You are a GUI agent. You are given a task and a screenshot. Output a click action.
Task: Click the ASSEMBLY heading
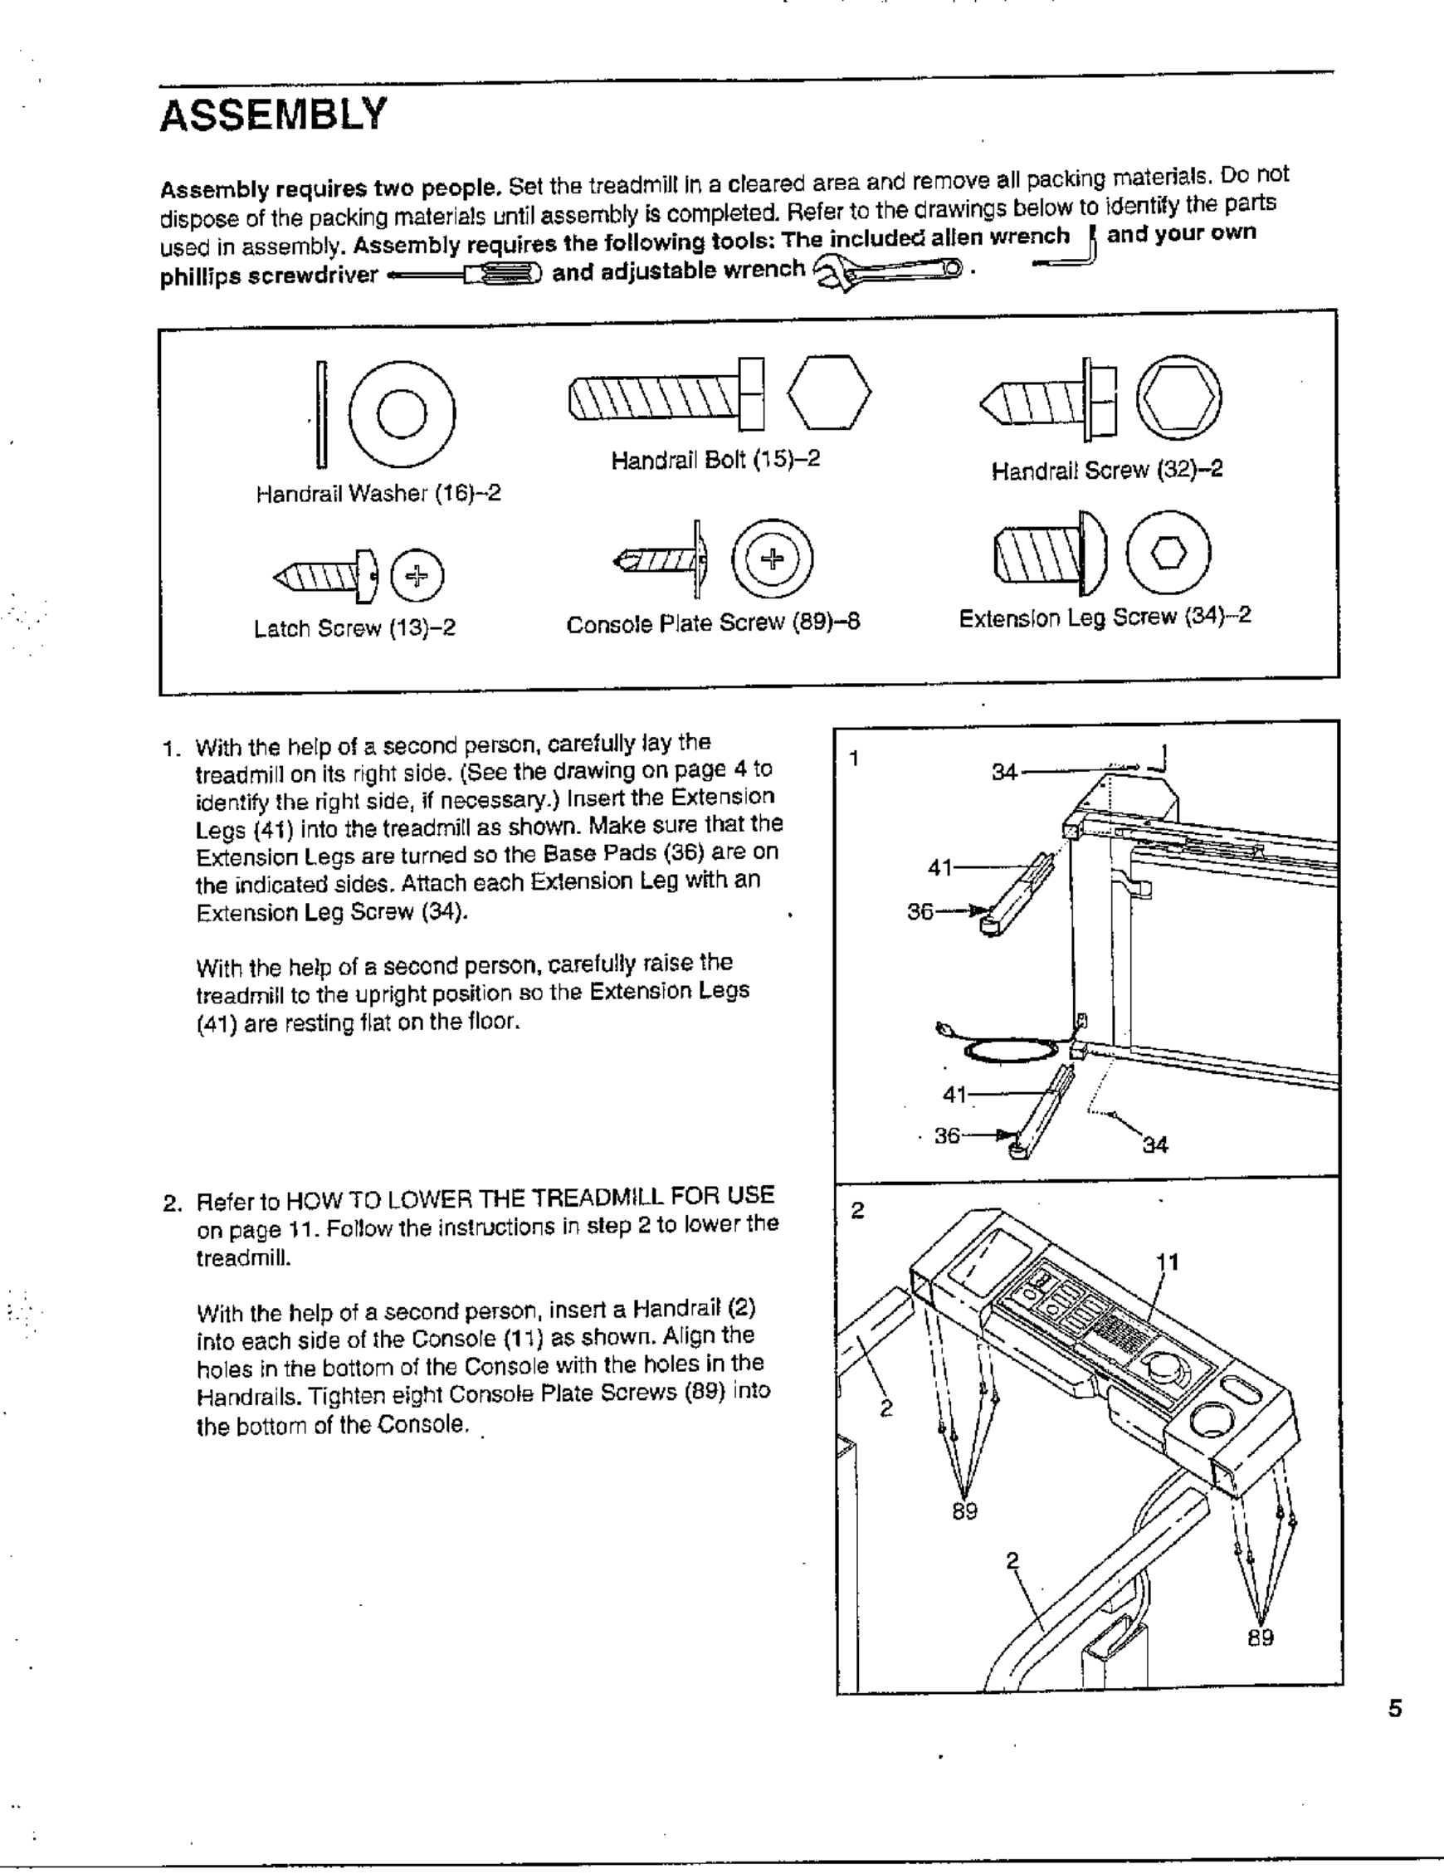point(274,115)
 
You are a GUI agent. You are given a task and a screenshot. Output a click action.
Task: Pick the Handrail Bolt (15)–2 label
point(715,460)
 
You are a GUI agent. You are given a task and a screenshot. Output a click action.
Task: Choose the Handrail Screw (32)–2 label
point(1107,471)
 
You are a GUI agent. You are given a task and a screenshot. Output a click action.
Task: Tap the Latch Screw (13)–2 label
point(354,629)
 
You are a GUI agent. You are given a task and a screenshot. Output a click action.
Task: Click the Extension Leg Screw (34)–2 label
point(1105,617)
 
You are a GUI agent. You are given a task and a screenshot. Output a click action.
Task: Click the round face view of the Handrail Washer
point(402,413)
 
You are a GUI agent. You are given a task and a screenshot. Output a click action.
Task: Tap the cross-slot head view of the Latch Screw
point(417,574)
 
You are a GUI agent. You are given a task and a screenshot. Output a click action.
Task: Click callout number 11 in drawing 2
point(1167,1262)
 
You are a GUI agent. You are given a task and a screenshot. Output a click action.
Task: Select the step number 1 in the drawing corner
point(854,758)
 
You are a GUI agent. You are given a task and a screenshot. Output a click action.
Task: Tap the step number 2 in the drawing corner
point(857,1211)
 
